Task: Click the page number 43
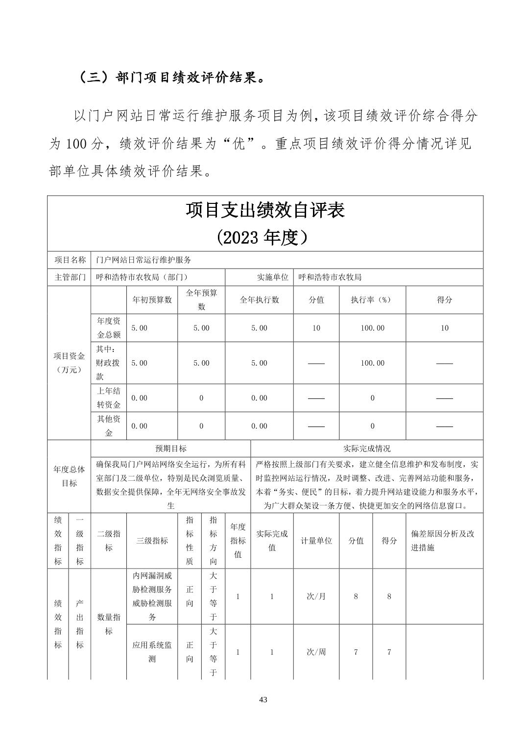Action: (263, 699)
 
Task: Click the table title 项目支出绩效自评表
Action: (265, 210)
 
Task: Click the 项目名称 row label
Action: (70, 260)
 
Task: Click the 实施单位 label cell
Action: (273, 277)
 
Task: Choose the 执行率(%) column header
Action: (372, 300)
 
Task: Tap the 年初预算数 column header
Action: (152, 300)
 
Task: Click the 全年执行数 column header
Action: (259, 300)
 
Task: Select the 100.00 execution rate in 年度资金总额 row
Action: (372, 328)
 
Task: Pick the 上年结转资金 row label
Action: (109, 398)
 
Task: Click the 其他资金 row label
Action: (109, 426)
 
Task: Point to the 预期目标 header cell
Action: (170, 448)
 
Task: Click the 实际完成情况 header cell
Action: (367, 448)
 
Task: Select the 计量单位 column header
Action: (316, 541)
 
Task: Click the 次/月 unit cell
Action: (316, 596)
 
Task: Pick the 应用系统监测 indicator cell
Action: (152, 652)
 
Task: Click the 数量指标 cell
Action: (109, 624)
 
